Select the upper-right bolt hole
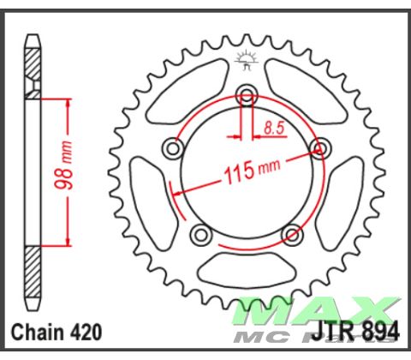(323, 149)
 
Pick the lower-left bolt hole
(201, 233)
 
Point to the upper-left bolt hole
(174, 150)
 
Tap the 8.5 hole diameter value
(275, 129)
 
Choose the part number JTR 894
(360, 332)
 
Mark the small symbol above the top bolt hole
(247, 60)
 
